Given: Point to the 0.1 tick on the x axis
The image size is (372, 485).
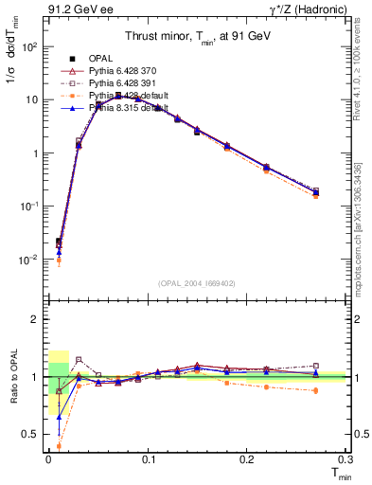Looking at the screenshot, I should pos(148,458).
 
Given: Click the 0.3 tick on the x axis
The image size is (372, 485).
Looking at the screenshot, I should pos(345,458).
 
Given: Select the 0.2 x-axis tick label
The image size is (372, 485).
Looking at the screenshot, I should pos(247,458).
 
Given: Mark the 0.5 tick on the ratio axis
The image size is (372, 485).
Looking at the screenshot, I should pos(35,434).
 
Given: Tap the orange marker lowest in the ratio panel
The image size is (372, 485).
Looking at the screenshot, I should pos(59,445).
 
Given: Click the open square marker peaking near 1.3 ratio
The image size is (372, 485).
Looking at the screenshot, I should pos(79,360).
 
